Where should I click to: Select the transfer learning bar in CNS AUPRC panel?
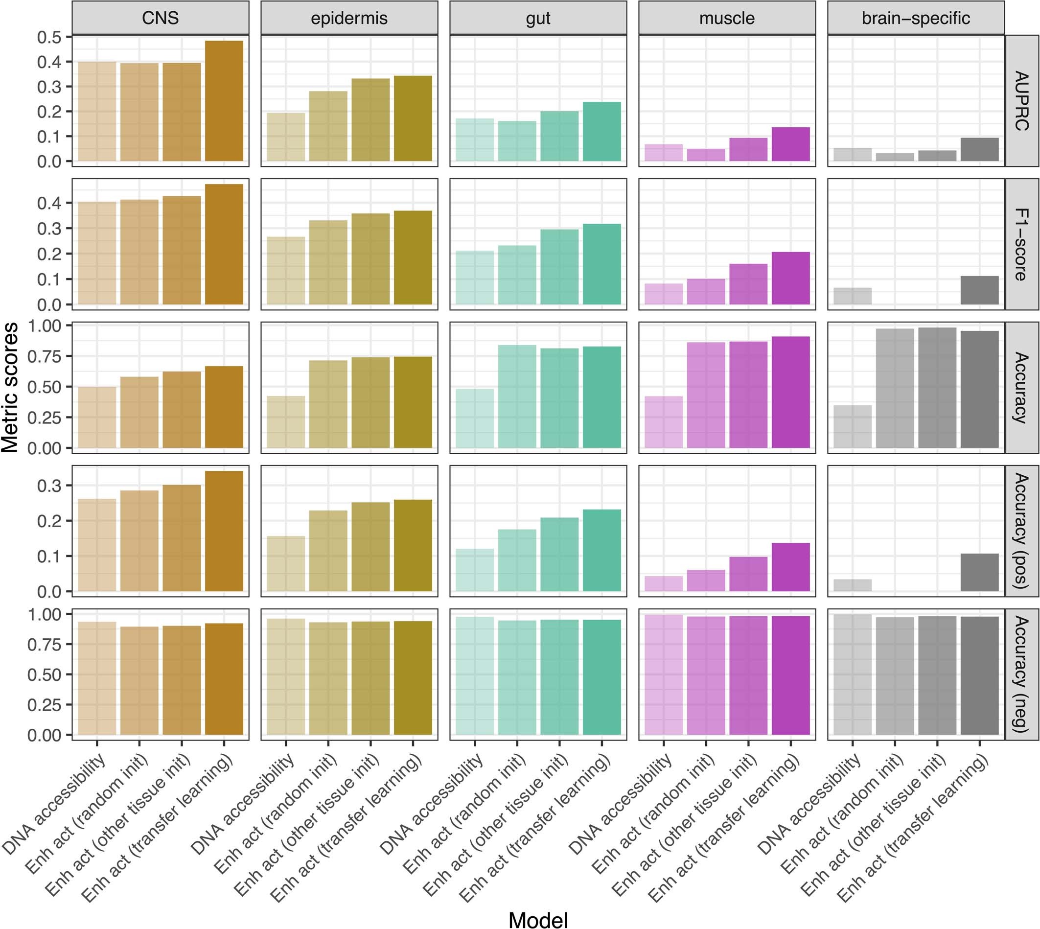pyautogui.click(x=224, y=101)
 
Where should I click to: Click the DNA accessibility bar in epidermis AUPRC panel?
pyautogui.click(x=286, y=137)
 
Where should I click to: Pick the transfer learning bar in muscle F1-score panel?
pyautogui.click(x=790, y=278)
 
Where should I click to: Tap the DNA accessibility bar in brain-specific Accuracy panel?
pyautogui.click(x=852, y=427)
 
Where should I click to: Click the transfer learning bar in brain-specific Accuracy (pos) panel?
pyautogui.click(x=979, y=572)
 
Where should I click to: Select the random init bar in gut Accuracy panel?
pyautogui.click(x=517, y=396)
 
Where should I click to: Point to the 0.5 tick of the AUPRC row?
pyautogui.click(x=49, y=37)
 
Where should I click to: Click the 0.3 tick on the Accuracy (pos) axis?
pyautogui.click(x=49, y=486)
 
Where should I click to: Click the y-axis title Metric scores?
pyautogui.click(x=10, y=387)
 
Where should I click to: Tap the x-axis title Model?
pyautogui.click(x=538, y=919)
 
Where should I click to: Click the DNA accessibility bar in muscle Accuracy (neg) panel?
pyautogui.click(x=663, y=674)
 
